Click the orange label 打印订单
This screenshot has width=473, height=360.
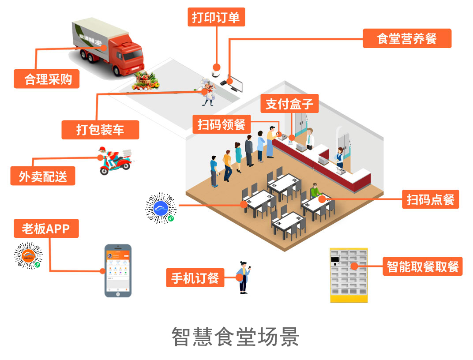[x=216, y=18]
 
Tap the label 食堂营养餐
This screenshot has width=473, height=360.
[x=407, y=38]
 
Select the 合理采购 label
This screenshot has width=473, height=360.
[x=47, y=79]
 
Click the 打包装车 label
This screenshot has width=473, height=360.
[x=100, y=129]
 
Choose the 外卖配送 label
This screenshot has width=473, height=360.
[x=43, y=176]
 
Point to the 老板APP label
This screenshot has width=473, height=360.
[x=46, y=229]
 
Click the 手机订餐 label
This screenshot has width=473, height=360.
[x=195, y=278]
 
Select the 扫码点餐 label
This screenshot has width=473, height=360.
[x=430, y=199]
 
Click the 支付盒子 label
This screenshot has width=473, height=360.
[x=289, y=104]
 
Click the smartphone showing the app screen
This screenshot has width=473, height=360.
[x=118, y=270]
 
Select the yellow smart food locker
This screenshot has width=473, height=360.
[x=349, y=275]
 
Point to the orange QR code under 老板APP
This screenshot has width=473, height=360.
[x=28, y=256]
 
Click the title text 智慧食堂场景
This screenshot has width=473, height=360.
[x=236, y=337]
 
